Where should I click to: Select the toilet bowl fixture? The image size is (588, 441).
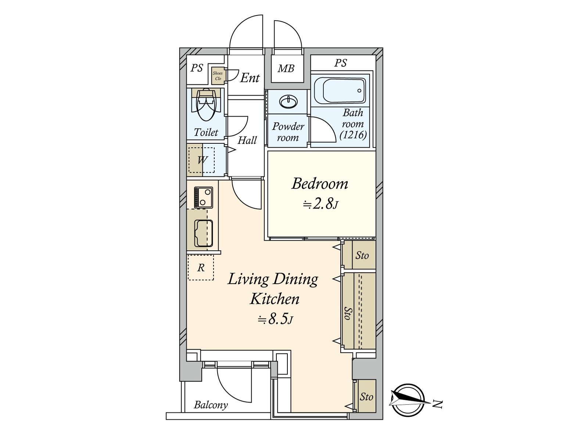point(206,105)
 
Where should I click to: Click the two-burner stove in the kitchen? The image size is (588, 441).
point(204,198)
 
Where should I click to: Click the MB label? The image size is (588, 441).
point(286,69)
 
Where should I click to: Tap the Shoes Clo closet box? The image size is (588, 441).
point(218,76)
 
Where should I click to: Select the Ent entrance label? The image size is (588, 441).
point(250,78)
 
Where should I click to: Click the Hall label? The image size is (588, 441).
point(247,140)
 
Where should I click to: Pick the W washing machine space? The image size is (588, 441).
point(201,160)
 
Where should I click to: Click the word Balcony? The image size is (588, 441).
point(211,405)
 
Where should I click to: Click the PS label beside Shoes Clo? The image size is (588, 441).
point(197,68)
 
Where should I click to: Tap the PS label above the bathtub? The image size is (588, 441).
point(340,63)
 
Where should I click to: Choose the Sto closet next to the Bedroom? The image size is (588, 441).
point(359,255)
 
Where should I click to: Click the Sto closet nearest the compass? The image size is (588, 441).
point(365,396)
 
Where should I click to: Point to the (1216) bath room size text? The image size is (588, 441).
point(353,135)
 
